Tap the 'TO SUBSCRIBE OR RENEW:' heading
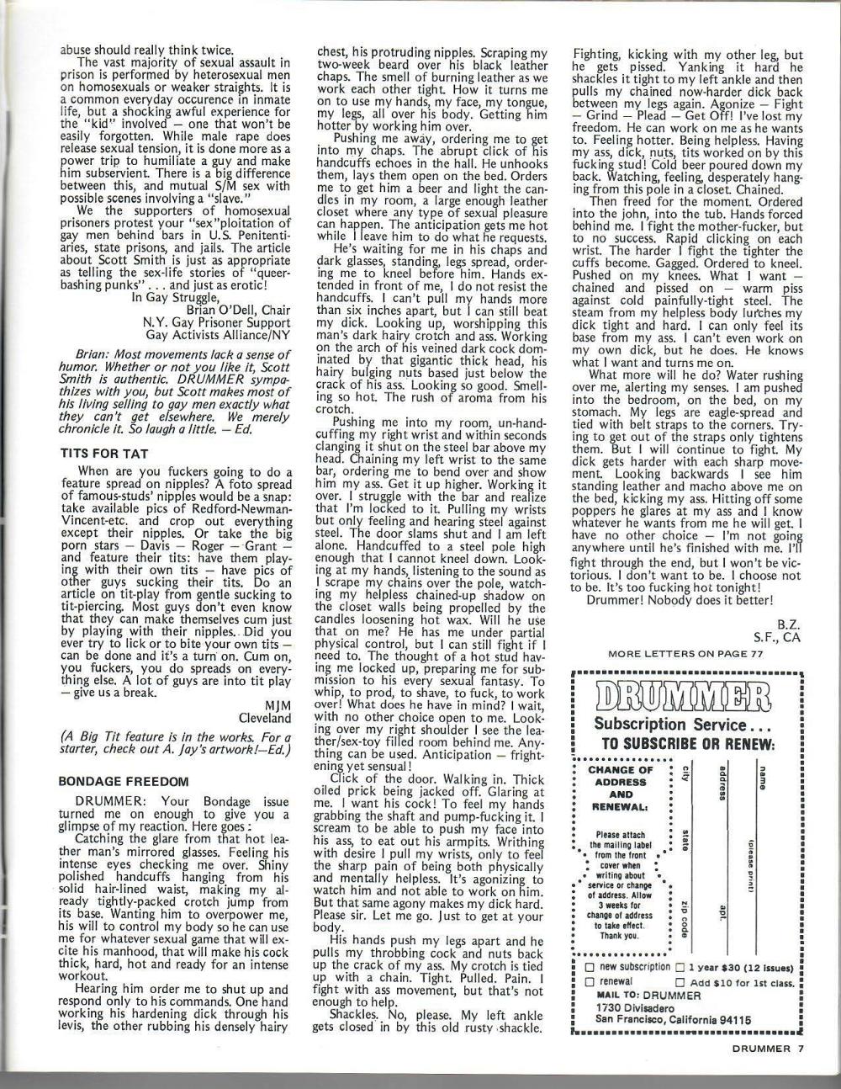point(687,745)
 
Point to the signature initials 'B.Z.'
point(788,625)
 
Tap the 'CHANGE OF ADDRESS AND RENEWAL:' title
point(621,788)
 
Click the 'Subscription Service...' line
point(683,725)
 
